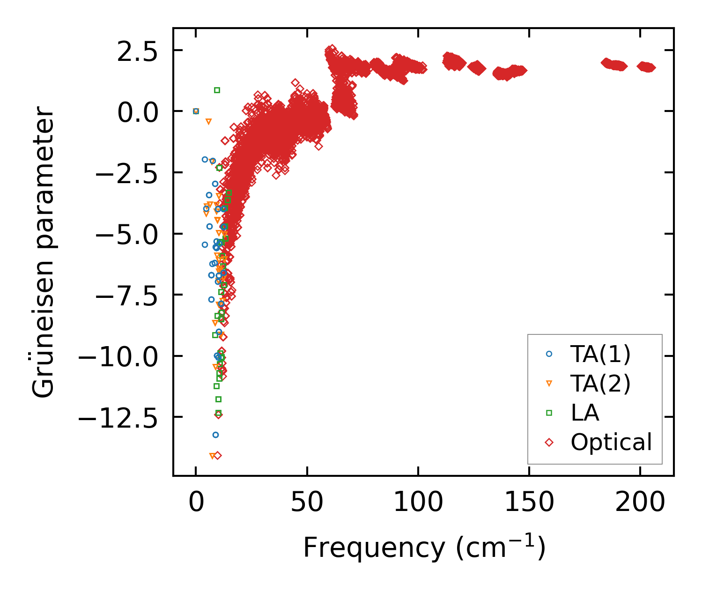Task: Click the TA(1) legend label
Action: point(600,355)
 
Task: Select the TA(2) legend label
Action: point(600,384)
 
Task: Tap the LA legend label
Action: point(585,413)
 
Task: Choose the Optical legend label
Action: point(611,442)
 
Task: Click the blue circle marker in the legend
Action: point(549,355)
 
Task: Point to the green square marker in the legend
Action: point(549,413)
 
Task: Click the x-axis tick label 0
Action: point(196,503)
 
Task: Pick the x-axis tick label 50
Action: point(307,503)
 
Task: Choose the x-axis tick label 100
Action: point(418,503)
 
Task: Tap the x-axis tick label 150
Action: point(529,503)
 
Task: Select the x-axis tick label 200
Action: point(640,503)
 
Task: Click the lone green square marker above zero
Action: point(217,90)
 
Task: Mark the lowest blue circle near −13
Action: point(215,435)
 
